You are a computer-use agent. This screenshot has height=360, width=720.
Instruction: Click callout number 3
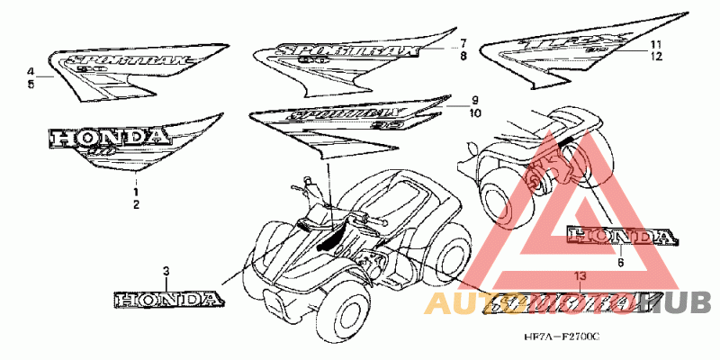pos(166,270)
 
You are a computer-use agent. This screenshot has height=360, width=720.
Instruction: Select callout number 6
pos(620,263)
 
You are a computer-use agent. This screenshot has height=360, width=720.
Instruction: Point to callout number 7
pos(463,43)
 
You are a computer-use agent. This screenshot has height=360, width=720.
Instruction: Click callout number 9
pos(473,100)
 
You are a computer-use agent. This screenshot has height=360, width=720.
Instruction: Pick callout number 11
pos(657,44)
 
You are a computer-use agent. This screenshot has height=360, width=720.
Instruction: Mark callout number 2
pos(136,205)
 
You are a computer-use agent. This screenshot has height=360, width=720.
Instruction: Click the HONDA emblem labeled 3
pos(166,297)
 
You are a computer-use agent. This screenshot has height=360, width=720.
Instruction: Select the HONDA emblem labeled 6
pos(620,237)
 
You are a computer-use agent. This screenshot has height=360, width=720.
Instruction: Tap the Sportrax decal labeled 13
pos(576,304)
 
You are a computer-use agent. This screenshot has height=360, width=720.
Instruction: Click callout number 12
pos(657,56)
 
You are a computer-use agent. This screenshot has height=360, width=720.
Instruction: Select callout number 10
pos(474,112)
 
